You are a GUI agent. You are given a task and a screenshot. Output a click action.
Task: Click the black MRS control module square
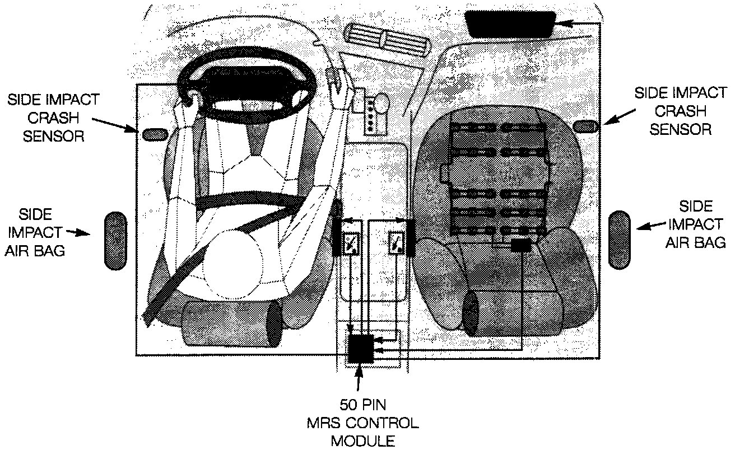pos(361,349)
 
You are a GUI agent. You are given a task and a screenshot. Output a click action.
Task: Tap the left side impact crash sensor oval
pos(155,134)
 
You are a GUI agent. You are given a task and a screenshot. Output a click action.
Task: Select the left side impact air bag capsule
pos(115,240)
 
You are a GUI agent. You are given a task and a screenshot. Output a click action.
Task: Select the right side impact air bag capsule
pos(620,240)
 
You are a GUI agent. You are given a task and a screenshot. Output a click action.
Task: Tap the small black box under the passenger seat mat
pos(522,245)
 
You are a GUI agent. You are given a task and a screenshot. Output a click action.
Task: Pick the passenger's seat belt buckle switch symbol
pos(396,242)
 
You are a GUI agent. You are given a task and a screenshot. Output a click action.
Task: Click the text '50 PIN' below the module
pos(362,404)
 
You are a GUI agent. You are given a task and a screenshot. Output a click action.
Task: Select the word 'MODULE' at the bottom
pos(362,440)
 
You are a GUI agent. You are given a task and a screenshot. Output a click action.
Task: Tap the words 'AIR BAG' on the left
pos(35,251)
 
